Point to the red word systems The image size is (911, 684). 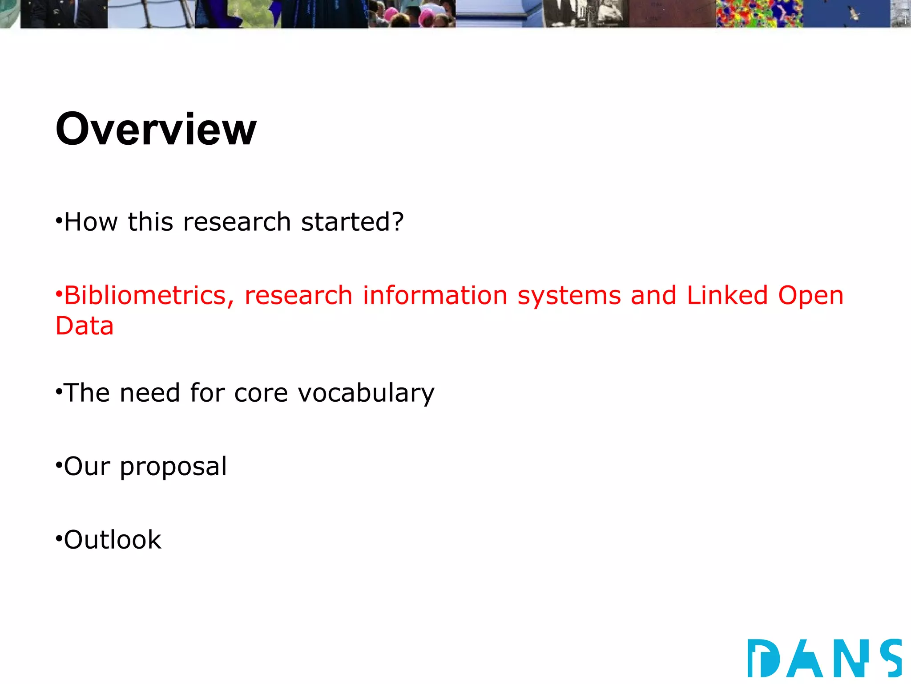click(569, 297)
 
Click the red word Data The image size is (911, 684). click(85, 326)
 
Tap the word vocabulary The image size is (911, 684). click(366, 394)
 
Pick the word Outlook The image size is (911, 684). click(113, 540)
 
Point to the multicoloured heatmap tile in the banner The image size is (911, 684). click(759, 13)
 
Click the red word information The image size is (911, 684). click(435, 296)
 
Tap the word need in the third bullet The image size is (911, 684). click(149, 394)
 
